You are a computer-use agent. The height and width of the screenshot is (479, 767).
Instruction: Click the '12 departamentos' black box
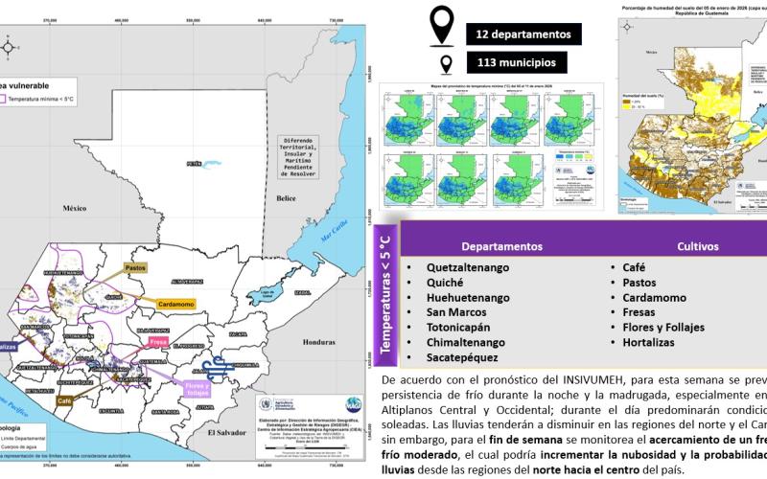[x=523, y=34]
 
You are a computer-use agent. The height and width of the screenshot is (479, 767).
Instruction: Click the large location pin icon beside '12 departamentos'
[x=442, y=26]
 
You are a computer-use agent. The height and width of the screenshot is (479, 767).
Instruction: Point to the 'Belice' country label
[x=285, y=199]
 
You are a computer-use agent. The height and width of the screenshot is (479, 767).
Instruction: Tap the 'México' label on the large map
[x=75, y=207]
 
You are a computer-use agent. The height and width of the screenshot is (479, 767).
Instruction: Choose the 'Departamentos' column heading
[x=501, y=246]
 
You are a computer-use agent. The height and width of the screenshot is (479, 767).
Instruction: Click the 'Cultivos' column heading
[x=696, y=246]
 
